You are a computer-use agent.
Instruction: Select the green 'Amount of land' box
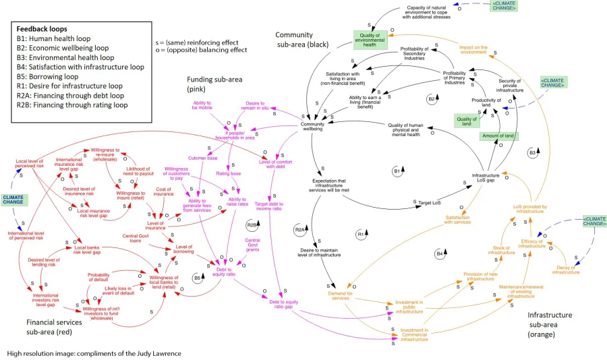[x=498, y=136]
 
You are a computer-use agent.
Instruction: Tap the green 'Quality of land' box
[x=466, y=121]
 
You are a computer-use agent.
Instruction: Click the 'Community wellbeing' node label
[x=312, y=126]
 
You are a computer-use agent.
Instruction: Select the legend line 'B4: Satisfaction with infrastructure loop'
[x=80, y=67]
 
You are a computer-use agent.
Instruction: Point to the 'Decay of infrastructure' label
[x=565, y=269]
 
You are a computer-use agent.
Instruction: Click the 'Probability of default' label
[x=98, y=278]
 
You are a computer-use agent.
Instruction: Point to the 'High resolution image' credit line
[x=94, y=353]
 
